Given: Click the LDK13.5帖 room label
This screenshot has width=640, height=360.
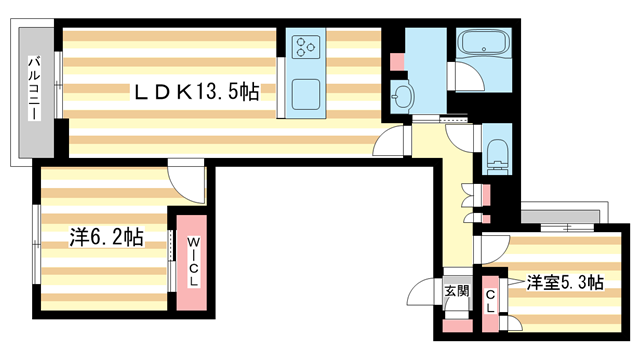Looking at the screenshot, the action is click(x=197, y=92).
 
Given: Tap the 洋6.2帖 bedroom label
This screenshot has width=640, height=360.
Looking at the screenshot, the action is click(x=105, y=238).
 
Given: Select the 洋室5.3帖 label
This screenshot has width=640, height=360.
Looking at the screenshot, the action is click(x=565, y=283).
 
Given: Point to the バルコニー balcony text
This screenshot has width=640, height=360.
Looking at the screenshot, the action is click(x=32, y=91).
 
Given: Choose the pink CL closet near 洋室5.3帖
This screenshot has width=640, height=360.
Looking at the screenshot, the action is click(x=490, y=299).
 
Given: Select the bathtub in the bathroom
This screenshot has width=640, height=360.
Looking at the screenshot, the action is click(x=483, y=46).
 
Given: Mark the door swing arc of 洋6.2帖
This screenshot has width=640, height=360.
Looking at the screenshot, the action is click(x=184, y=180).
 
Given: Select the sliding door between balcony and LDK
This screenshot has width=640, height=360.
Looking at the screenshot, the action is click(x=59, y=90).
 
